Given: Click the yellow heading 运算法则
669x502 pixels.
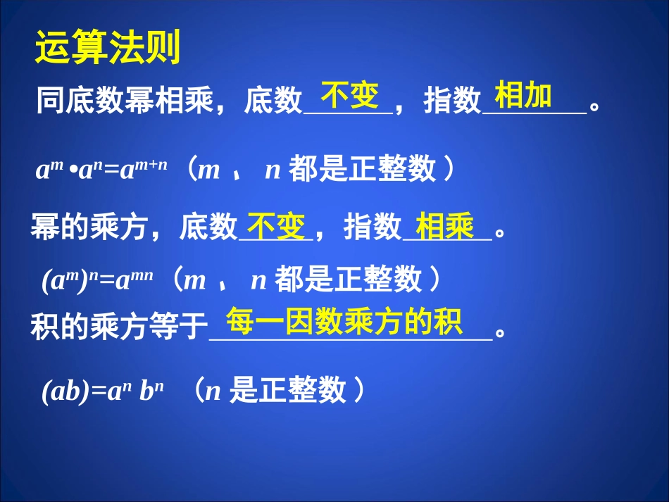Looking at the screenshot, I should click(x=108, y=49).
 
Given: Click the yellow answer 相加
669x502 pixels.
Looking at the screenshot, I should click(x=523, y=96).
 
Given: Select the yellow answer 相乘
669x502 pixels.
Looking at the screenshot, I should click(x=445, y=227).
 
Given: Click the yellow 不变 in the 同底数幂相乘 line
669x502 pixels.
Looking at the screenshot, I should click(x=349, y=95).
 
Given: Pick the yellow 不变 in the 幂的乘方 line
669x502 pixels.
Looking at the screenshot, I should click(x=275, y=227).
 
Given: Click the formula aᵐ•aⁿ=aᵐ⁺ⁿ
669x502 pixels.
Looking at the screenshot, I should click(x=102, y=171).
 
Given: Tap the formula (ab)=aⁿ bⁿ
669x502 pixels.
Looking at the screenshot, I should click(x=103, y=391).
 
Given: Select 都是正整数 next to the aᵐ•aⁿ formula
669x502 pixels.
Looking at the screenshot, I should click(x=363, y=170).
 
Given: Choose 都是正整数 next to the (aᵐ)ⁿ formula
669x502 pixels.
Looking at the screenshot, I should click(x=349, y=280).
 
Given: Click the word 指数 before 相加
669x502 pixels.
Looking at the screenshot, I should click(x=452, y=103).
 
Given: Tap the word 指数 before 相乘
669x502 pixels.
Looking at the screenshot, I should click(x=373, y=228).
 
